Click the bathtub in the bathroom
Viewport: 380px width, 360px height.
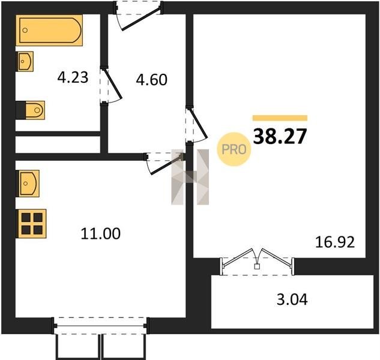point(49,30)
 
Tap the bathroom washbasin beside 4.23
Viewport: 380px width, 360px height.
point(25,61)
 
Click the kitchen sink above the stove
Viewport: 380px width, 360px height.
point(28,184)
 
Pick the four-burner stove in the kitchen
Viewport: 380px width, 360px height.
point(31,224)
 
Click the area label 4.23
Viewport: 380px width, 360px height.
point(73,78)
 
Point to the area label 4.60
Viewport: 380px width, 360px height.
point(151,79)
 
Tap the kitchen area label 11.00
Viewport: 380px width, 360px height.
point(100,234)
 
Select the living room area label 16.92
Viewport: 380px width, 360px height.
point(335,242)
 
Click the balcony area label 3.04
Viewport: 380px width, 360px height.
point(292,299)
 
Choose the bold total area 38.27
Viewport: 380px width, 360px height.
point(280,136)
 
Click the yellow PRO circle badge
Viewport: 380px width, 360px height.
point(234,149)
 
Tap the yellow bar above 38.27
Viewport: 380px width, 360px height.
point(280,118)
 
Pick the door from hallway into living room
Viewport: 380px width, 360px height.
point(197,124)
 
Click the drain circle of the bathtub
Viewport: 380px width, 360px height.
point(25,30)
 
